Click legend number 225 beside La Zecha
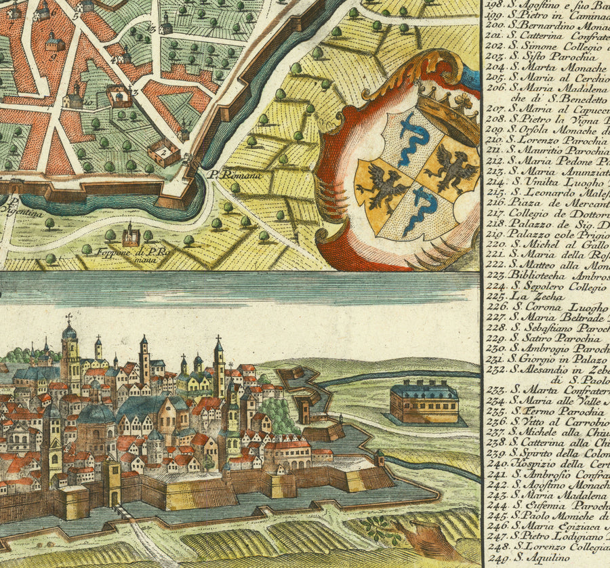tap(498, 296)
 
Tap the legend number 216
tap(498, 201)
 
